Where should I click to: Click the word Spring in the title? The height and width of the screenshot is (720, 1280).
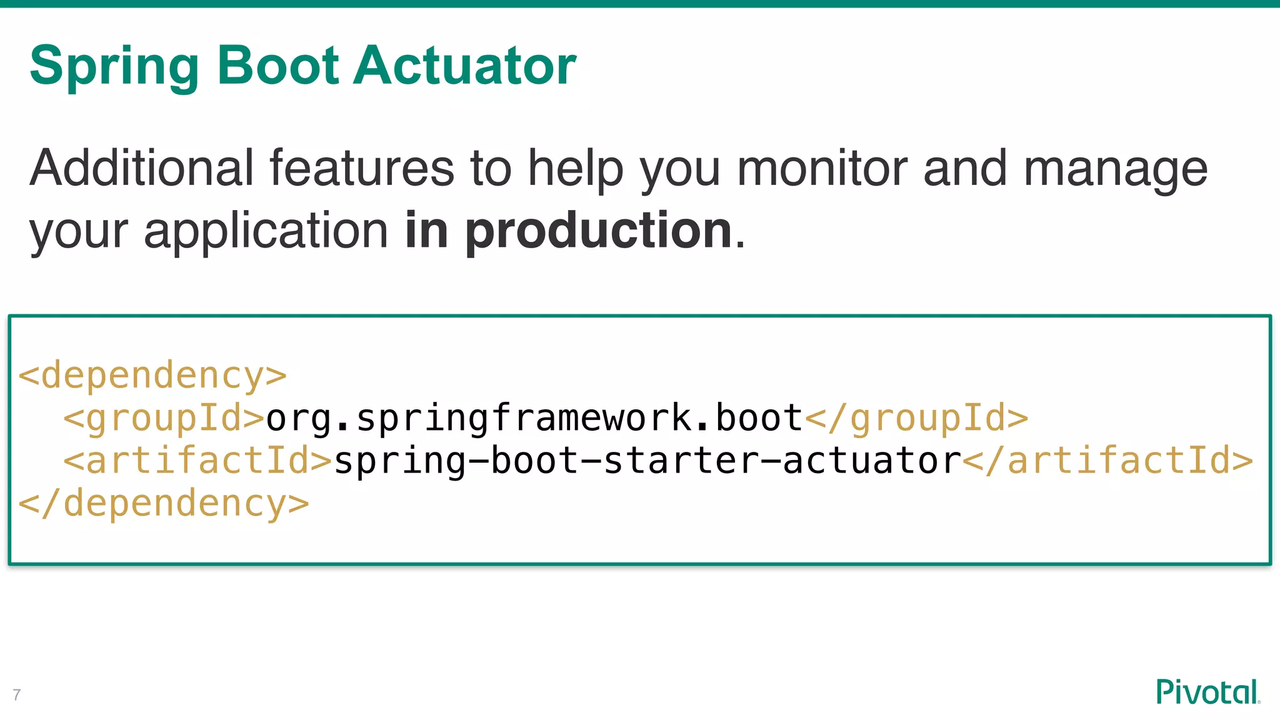tap(114, 66)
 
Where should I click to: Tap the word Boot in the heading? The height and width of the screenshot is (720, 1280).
tap(277, 65)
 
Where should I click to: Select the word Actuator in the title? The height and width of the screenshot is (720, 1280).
tap(464, 65)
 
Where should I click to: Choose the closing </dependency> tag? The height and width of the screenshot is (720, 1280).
tap(164, 504)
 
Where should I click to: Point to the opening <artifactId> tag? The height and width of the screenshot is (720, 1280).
tap(197, 461)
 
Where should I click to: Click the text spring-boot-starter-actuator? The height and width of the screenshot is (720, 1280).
tap(647, 461)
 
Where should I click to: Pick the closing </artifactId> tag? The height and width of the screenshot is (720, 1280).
tap(1107, 461)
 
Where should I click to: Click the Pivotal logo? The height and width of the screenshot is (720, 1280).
tap(1207, 692)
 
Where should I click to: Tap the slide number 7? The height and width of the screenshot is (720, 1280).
tap(17, 694)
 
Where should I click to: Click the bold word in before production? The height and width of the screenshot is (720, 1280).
tap(426, 230)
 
